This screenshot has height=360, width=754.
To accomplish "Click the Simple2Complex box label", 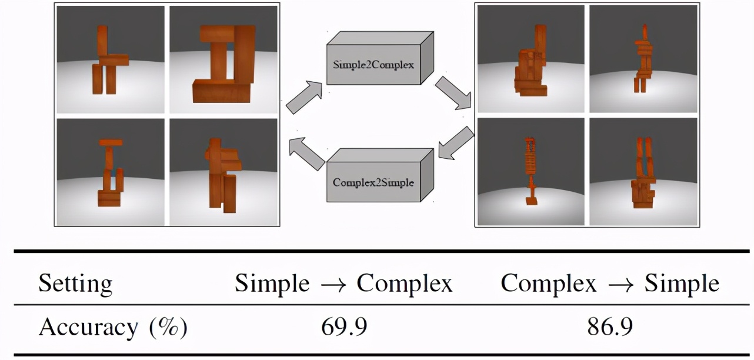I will click(x=373, y=65).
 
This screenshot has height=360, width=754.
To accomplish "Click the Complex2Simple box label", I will click(x=373, y=182).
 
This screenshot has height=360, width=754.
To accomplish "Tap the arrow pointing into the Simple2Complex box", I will click(x=303, y=96).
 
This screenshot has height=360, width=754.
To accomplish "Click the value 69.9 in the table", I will click(x=344, y=327).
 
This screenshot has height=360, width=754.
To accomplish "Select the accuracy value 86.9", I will click(x=610, y=327).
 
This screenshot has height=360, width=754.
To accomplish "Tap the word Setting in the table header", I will click(x=75, y=284).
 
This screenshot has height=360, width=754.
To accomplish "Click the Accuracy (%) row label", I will click(x=112, y=327).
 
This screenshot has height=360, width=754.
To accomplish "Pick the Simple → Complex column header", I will click(x=344, y=284).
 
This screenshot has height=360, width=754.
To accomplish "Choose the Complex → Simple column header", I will click(x=610, y=284).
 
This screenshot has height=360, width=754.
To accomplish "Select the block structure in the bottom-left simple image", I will click(x=109, y=173).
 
